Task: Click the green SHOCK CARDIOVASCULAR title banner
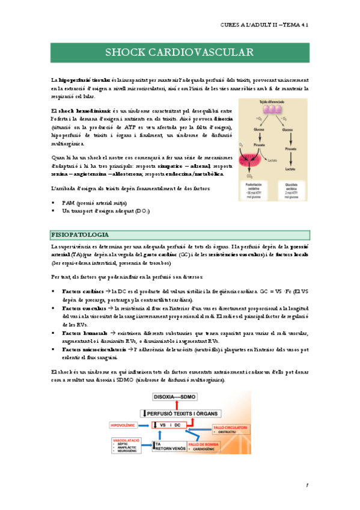[180, 52]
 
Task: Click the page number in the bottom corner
[306, 485]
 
